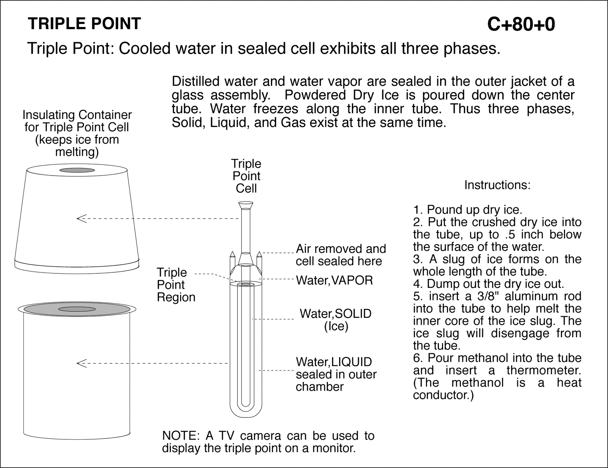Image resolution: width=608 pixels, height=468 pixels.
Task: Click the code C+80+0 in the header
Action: pyautogui.click(x=521, y=25)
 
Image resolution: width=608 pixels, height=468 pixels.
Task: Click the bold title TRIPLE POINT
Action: pyautogui.click(x=84, y=24)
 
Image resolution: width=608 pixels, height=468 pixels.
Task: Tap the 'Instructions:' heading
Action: pyautogui.click(x=497, y=185)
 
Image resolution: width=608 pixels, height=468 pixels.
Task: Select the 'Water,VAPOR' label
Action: pyautogui.click(x=334, y=280)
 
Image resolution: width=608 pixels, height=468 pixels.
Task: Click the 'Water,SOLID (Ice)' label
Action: pyautogui.click(x=336, y=320)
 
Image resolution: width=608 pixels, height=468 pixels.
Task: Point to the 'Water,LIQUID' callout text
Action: pyautogui.click(x=334, y=362)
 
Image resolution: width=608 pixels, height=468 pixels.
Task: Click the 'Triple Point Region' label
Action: pyautogui.click(x=176, y=285)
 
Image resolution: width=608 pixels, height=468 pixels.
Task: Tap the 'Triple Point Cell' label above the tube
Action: pyautogui.click(x=246, y=176)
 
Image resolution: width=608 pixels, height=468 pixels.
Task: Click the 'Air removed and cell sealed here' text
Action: pyautogui.click(x=340, y=255)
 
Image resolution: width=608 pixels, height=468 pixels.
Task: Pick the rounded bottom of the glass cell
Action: pyautogui.click(x=247, y=412)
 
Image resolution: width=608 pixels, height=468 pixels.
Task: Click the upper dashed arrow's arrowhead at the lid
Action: pyautogui.click(x=81, y=219)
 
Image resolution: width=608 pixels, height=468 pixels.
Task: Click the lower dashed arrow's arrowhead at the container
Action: pyautogui.click(x=81, y=363)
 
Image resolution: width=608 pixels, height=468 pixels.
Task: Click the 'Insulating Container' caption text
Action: pyautogui.click(x=77, y=114)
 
